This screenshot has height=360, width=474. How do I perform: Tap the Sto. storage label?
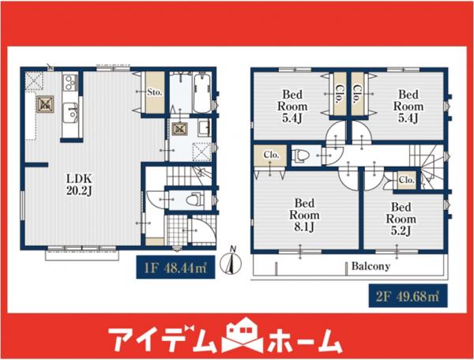click(154, 92)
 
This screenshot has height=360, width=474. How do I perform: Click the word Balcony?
click(371, 266)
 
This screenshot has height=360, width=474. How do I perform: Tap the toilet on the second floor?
click(301, 156)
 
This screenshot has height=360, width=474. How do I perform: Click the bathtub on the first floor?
click(197, 93)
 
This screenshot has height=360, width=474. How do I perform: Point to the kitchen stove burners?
click(69, 81)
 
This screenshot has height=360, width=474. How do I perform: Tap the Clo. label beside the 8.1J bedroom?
click(269, 155)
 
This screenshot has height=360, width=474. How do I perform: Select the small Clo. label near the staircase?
click(407, 181)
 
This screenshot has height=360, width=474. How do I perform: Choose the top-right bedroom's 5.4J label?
click(408, 106)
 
